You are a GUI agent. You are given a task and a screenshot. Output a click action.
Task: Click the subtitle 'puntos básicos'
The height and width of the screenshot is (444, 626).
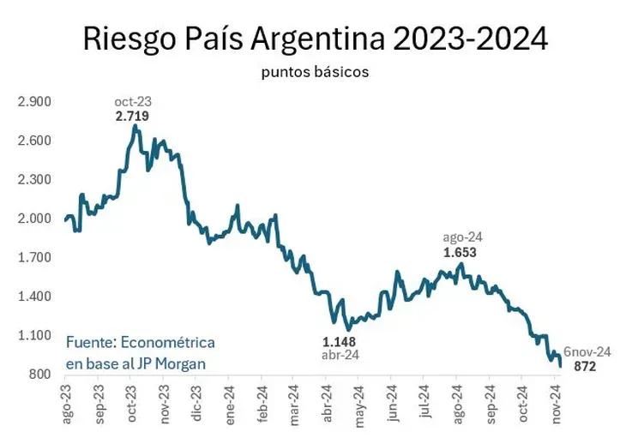pos(315,72)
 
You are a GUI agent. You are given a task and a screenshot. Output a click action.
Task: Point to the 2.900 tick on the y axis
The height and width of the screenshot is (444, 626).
pos(35,102)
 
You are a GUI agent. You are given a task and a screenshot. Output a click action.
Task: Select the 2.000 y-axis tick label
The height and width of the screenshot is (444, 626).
pos(35,219)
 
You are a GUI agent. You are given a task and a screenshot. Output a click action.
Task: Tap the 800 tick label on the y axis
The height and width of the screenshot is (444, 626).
pos(40,375)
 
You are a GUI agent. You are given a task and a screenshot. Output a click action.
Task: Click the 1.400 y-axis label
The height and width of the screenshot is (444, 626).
pos(35,297)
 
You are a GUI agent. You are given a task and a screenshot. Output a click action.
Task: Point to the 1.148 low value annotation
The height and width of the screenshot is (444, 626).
pos(338,340)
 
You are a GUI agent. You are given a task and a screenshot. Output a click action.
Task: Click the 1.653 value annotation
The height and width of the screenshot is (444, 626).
pos(460,253)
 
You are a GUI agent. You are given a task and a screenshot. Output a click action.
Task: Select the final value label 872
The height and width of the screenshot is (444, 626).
pos(584,366)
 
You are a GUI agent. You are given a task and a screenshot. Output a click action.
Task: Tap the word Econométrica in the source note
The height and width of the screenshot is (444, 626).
pos(168,342)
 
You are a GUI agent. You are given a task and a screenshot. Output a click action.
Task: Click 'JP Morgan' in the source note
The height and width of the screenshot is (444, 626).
pos(177,363)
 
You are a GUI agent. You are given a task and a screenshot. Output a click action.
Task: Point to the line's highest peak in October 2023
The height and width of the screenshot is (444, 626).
pos(135,127)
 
